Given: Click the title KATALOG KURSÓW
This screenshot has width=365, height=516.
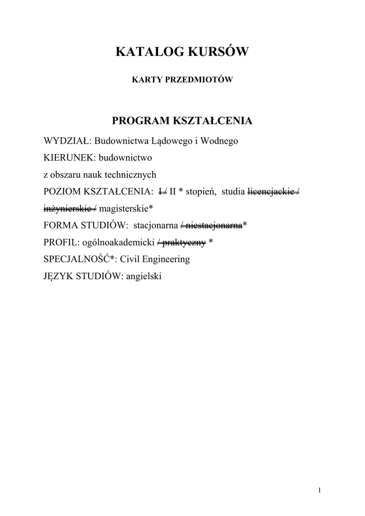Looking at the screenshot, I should click(182, 51).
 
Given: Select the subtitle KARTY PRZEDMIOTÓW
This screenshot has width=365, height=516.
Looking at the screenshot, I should click(182, 79).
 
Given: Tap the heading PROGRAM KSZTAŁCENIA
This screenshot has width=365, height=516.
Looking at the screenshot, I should click(182, 121).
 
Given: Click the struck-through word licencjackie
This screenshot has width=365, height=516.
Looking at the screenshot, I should click(271, 192).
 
